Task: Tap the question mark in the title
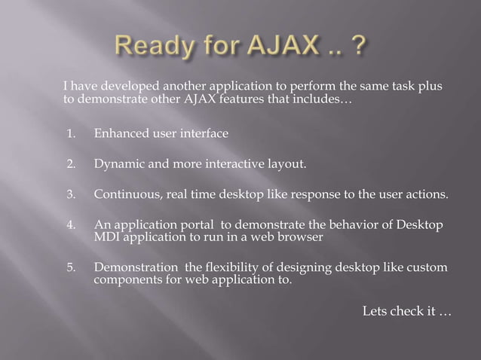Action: tap(360, 49)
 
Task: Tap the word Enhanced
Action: tap(120, 134)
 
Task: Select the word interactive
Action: tap(236, 163)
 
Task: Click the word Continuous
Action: tap(123, 194)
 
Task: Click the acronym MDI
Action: tap(106, 236)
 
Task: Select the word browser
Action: tap(302, 236)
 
